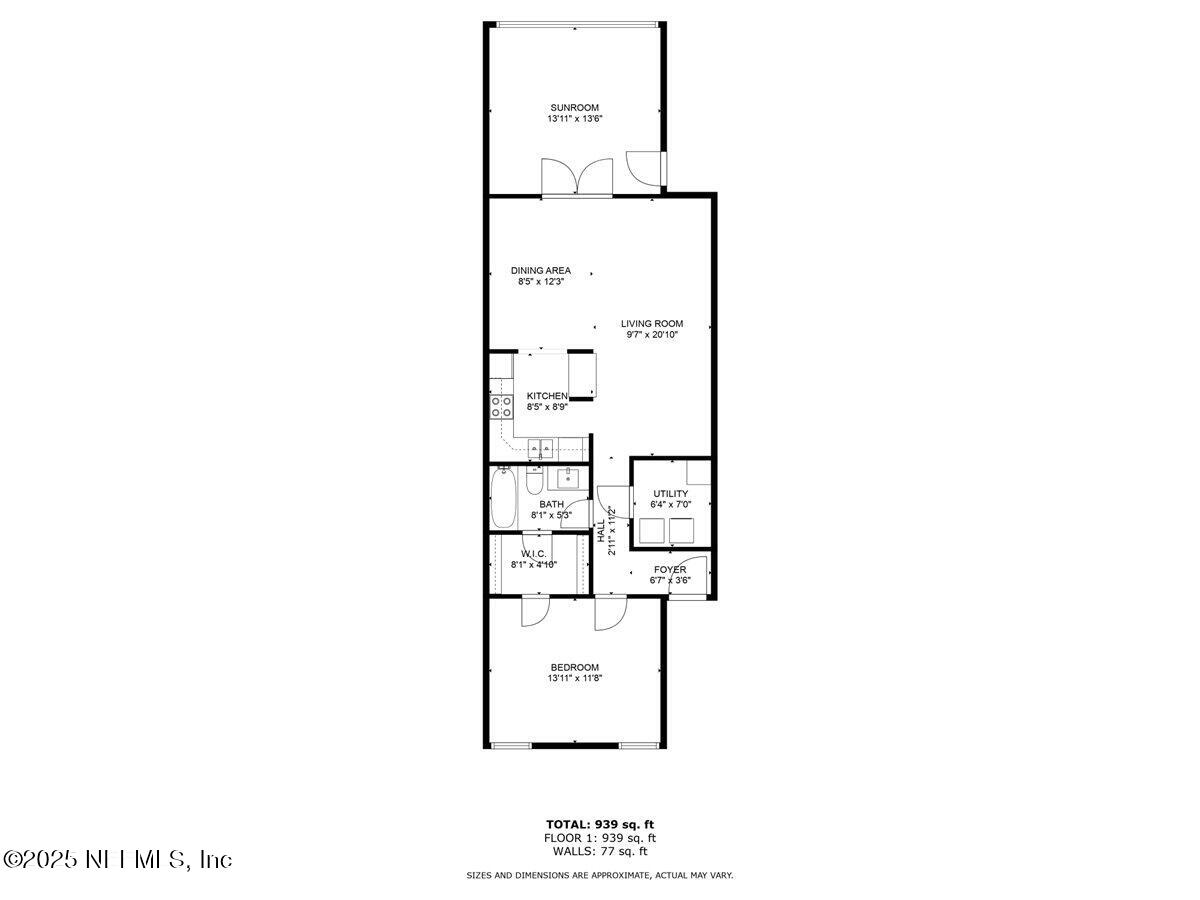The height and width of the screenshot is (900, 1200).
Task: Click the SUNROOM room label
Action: (574, 107)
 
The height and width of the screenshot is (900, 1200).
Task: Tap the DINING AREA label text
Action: (541, 270)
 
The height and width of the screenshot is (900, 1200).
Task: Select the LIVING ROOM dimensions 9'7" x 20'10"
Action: (652, 336)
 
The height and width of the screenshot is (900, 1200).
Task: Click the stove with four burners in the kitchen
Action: (501, 406)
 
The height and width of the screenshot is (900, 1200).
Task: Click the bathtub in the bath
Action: (503, 499)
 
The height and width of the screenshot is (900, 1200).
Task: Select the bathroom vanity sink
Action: (567, 477)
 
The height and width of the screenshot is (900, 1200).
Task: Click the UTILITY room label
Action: (670, 494)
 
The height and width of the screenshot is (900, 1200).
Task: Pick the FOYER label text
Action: (670, 570)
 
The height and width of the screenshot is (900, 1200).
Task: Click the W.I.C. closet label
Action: (533, 554)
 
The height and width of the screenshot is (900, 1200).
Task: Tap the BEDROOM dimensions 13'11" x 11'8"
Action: (574, 678)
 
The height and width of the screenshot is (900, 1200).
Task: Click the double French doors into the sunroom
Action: (577, 176)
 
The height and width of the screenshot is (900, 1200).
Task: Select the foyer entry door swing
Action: (691, 574)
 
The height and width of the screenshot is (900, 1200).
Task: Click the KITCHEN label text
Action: (547, 396)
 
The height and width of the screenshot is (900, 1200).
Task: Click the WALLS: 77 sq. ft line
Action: (600, 852)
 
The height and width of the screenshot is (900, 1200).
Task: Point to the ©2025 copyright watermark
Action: (118, 859)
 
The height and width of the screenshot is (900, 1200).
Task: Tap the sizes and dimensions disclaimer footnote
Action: (600, 876)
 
